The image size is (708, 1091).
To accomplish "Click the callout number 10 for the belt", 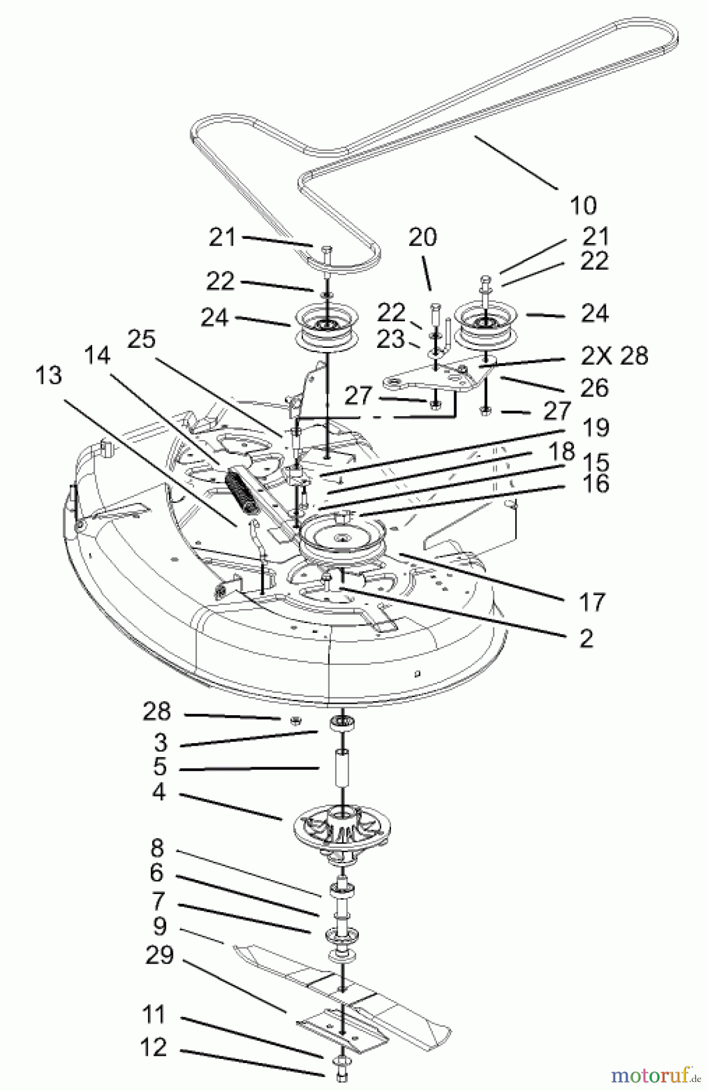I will (x=583, y=206).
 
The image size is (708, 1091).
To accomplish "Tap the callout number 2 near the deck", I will (x=586, y=638).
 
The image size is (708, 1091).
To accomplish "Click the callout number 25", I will (x=141, y=340).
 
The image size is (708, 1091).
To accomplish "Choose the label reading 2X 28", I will (x=614, y=356).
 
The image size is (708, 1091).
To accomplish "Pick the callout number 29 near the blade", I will (x=159, y=956).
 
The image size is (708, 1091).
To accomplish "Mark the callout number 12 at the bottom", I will (x=153, y=1047).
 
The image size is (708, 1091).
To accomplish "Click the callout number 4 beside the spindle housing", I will (x=159, y=792).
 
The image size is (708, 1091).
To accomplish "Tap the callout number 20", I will (x=422, y=237).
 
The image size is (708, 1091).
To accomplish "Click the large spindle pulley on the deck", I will (x=342, y=538).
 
